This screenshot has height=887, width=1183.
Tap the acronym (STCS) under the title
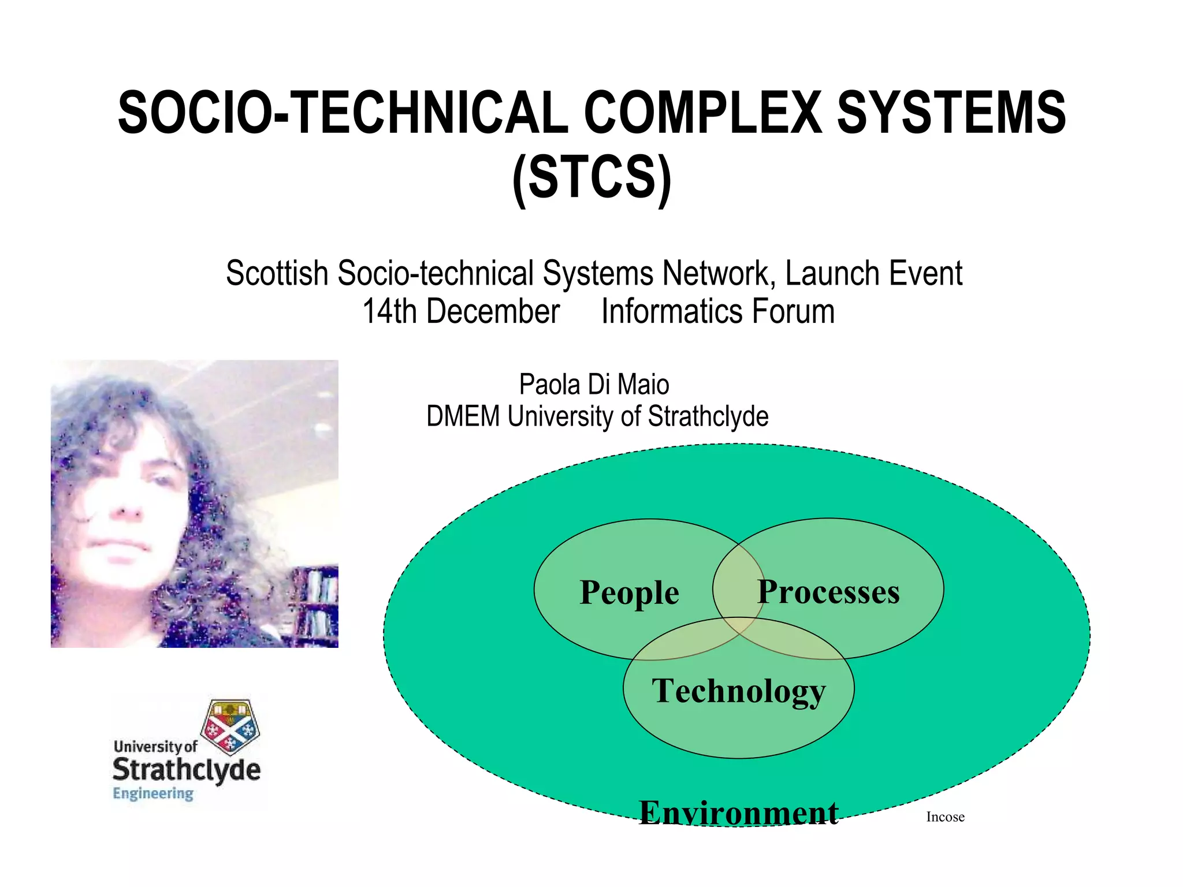point(592,177)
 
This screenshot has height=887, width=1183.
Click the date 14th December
point(461,312)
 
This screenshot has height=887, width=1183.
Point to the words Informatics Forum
point(718,312)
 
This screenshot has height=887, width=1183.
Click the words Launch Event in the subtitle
point(873,273)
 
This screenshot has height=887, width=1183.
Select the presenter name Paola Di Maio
point(594,385)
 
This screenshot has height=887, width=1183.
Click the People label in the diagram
point(629,592)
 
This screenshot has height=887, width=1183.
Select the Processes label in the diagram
point(828,592)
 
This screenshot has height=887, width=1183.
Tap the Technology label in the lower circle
point(739,691)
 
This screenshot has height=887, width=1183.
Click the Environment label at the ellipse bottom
point(738,813)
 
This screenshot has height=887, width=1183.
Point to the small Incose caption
point(945,817)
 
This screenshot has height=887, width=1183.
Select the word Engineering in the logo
point(153,793)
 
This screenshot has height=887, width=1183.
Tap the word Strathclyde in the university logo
point(186,770)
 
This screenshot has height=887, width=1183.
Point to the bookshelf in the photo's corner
point(315,606)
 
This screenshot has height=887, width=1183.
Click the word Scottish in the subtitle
point(277,273)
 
